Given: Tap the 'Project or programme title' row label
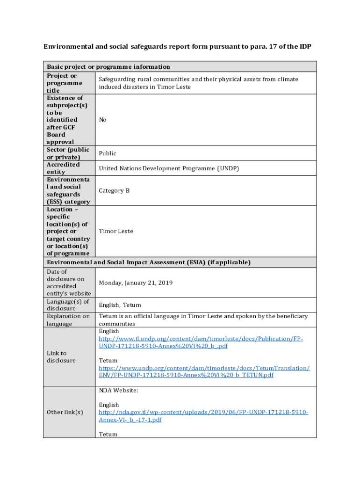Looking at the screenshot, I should tap(65, 83).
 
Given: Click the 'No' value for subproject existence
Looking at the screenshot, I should tap(103, 120).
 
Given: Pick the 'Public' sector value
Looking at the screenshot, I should tap(108, 153).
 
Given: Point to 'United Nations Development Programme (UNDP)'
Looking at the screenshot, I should tap(169, 168).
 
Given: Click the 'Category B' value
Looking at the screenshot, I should tap(114, 191).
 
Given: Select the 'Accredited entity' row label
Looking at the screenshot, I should tap(63, 168).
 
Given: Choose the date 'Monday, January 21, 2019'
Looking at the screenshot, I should tap(136, 283).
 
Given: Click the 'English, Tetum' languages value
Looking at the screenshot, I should tap(120, 305).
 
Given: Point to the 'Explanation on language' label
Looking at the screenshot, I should tap(68, 320).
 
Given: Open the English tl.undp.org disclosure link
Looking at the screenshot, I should tap(201, 342).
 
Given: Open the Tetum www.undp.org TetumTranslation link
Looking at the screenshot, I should tap(204, 372).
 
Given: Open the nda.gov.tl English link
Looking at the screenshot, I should tap(203, 416).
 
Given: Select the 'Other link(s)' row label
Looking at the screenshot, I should tap(65, 412).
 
